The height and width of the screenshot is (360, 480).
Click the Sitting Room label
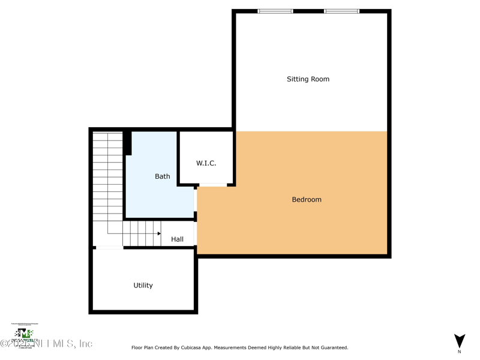[x=308, y=79]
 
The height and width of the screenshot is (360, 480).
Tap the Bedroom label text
[x=307, y=200]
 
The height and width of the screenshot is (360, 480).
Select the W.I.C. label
[x=206, y=163]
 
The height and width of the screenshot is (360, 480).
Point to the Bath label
[x=163, y=176]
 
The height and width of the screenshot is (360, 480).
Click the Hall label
[x=177, y=239]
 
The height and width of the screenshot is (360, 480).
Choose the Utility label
[x=143, y=286]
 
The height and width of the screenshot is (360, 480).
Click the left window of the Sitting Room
[x=275, y=11]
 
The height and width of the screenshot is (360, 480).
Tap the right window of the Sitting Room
[x=341, y=11]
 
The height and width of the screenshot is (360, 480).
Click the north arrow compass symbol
[x=460, y=341]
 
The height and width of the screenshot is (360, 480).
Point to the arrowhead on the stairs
[x=159, y=233]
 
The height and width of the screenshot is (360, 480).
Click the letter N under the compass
[x=460, y=352]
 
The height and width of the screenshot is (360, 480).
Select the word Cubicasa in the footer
[x=199, y=347]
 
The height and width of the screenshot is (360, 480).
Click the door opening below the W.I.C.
[x=213, y=185]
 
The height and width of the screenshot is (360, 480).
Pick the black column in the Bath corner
[x=127, y=143]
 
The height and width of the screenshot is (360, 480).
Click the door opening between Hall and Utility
[x=109, y=247]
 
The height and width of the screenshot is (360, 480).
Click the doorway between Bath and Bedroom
[x=196, y=200]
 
